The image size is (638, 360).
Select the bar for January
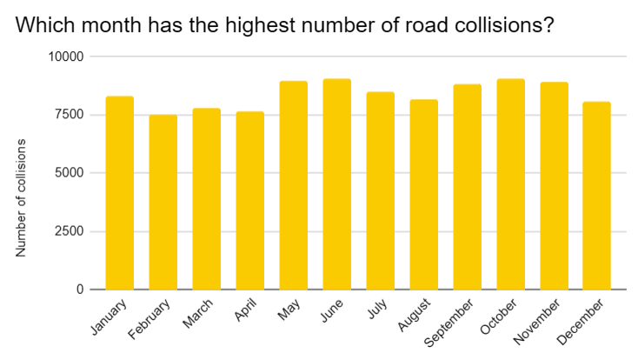119,193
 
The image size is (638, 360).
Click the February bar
163,202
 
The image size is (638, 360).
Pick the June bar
336,184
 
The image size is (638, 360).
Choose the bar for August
423,195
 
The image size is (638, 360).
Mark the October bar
510,184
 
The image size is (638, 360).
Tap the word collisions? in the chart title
503,25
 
